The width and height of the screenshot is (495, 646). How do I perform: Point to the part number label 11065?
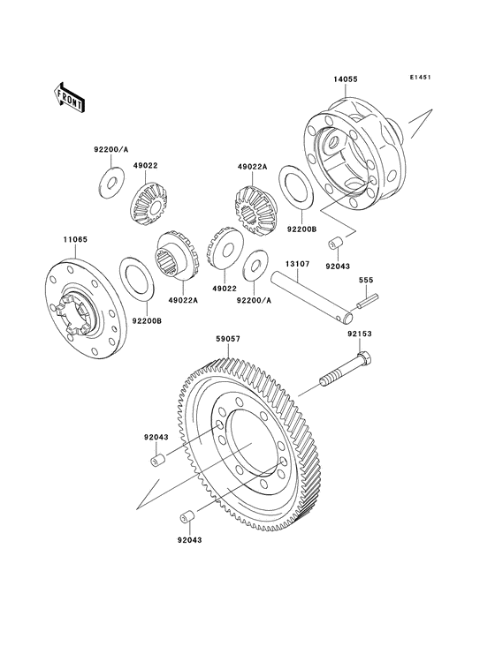click(x=72, y=239)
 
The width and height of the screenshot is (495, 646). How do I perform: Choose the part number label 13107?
click(x=296, y=262)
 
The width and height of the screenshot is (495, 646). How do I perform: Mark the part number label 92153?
click(x=358, y=334)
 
